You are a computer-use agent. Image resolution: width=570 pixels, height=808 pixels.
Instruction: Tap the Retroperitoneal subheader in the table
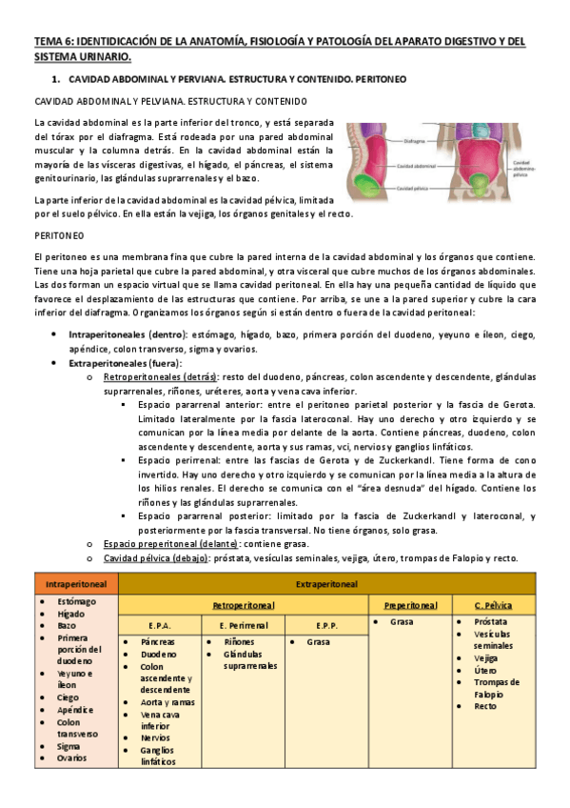(x=244, y=605)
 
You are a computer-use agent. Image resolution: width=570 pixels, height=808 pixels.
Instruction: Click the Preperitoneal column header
(x=410, y=605)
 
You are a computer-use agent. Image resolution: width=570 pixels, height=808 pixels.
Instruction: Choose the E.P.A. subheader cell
(x=160, y=625)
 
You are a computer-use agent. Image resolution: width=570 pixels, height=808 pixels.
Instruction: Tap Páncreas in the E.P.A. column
(x=157, y=642)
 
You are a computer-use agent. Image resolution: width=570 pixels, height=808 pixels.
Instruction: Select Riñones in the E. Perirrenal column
(x=240, y=642)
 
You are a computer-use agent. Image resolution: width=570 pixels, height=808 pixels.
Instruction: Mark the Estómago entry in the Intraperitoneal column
(x=75, y=602)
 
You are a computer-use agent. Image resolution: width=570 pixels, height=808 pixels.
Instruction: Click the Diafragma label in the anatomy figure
(x=416, y=139)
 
